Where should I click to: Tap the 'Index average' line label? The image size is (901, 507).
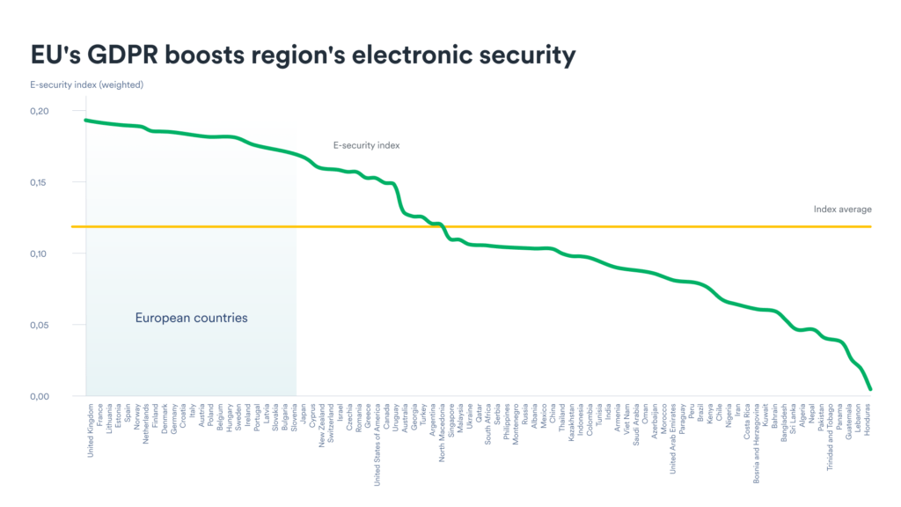(x=843, y=209)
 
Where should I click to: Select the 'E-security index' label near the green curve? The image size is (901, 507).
(x=366, y=145)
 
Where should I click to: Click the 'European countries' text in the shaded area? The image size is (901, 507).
(x=192, y=318)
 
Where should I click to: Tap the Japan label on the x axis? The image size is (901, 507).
(x=304, y=416)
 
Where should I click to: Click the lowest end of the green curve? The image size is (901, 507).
(x=869, y=388)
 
